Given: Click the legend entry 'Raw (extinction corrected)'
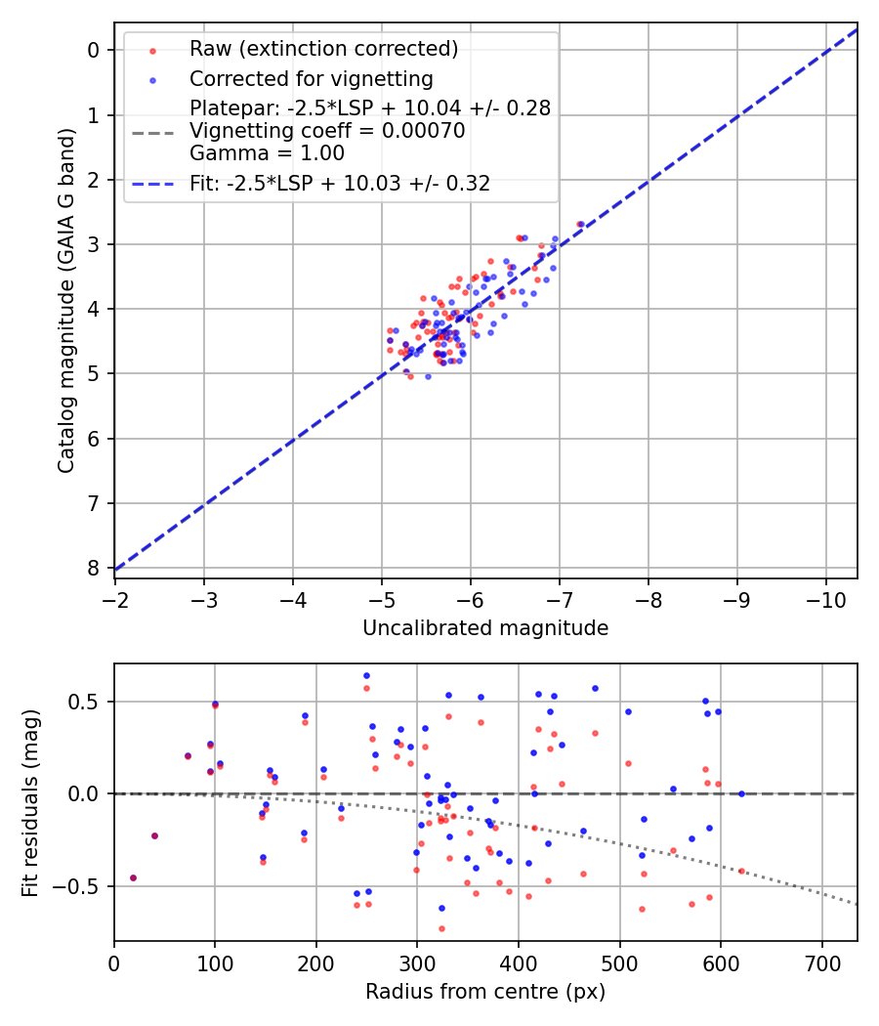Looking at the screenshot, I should pyautogui.click(x=323, y=49).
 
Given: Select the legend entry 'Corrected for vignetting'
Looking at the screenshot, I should pyautogui.click(x=311, y=78).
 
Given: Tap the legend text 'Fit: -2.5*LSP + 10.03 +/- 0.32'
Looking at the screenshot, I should pyautogui.click(x=340, y=183).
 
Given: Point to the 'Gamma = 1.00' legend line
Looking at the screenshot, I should pyautogui.click(x=267, y=153).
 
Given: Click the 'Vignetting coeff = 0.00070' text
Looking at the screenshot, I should pyautogui.click(x=327, y=131).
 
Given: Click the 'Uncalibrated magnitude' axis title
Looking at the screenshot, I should pyautogui.click(x=485, y=628).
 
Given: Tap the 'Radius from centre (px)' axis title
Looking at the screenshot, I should pyautogui.click(x=485, y=992).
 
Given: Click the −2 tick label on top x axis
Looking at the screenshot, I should pyautogui.click(x=115, y=595).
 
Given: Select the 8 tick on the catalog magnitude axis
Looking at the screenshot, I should pyautogui.click(x=95, y=568).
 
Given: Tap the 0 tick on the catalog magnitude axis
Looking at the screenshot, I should pyautogui.click(x=95, y=50).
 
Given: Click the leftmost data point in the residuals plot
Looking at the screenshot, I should pyautogui.click(x=133, y=877).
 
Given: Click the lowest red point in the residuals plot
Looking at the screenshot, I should pyautogui.click(x=441, y=928).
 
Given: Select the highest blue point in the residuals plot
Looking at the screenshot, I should pyautogui.click(x=366, y=675).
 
